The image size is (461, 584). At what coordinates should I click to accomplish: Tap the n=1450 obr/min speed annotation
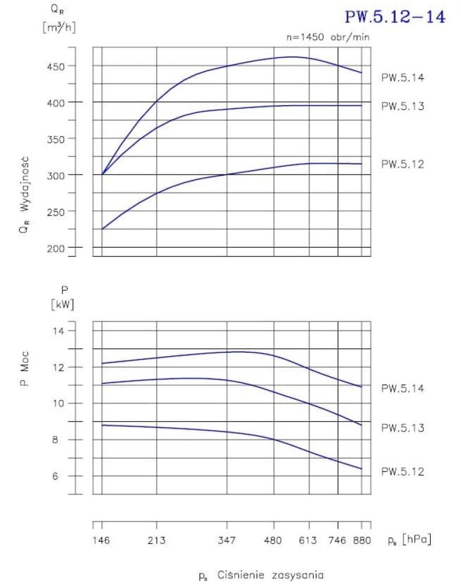[x=327, y=37]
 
